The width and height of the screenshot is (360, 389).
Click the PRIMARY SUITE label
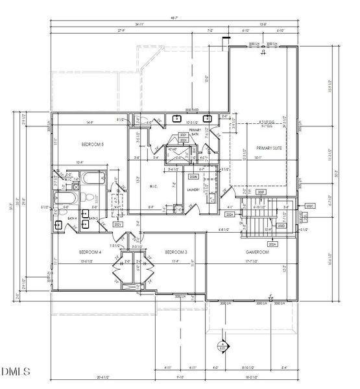[259, 148]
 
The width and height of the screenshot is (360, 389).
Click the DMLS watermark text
[16, 371]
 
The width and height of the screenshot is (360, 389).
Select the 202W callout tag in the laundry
[193, 176]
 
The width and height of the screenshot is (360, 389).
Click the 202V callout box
[118, 224]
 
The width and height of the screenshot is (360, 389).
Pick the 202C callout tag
[309, 206]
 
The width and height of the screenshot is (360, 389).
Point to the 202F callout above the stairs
[261, 192]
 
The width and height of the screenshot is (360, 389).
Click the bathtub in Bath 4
[65, 198]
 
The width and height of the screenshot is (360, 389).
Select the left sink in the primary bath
[177, 118]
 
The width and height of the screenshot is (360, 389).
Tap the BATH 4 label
[73, 218]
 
